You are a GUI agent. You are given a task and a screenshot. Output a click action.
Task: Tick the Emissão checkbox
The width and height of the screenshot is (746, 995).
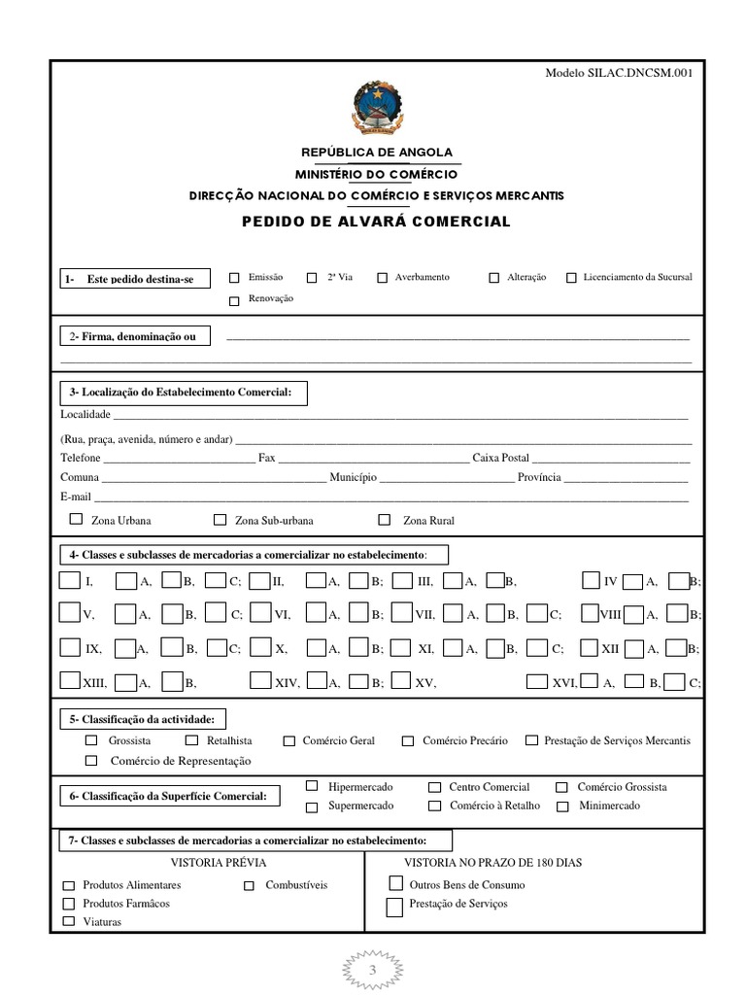tap(234, 278)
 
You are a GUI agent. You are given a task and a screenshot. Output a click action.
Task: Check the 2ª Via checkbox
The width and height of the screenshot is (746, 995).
tap(312, 278)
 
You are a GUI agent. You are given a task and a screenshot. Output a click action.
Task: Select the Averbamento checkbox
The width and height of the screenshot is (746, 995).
tap(383, 278)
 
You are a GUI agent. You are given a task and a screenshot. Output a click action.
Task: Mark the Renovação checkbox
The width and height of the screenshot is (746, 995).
tap(234, 300)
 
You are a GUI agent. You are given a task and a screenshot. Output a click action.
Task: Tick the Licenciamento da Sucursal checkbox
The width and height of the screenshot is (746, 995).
tap(571, 278)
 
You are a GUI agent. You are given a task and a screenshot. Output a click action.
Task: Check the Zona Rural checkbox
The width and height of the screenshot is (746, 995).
tap(385, 520)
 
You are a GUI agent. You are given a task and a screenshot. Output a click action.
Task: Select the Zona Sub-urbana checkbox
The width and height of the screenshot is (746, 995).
tap(220, 520)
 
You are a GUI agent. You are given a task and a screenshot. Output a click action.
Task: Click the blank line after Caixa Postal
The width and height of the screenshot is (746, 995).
tap(611, 459)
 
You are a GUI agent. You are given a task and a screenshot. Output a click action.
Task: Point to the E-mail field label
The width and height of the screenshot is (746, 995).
tap(75, 497)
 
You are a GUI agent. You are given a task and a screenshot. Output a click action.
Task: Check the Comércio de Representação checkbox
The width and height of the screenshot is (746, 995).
tap(92, 761)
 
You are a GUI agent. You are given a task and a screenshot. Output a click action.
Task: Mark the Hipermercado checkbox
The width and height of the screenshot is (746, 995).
tap(312, 785)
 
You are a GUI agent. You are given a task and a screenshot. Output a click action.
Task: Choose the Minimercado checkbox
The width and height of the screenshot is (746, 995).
tap(562, 806)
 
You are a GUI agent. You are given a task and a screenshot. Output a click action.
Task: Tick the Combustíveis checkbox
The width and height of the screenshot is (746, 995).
tap(250, 885)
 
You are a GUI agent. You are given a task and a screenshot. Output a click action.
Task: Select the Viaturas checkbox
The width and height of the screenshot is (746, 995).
tap(69, 921)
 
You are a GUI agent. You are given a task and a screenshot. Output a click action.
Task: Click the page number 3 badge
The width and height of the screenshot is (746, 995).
tap(372, 971)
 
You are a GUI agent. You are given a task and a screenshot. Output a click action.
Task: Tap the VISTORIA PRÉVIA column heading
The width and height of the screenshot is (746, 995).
tap(218, 862)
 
